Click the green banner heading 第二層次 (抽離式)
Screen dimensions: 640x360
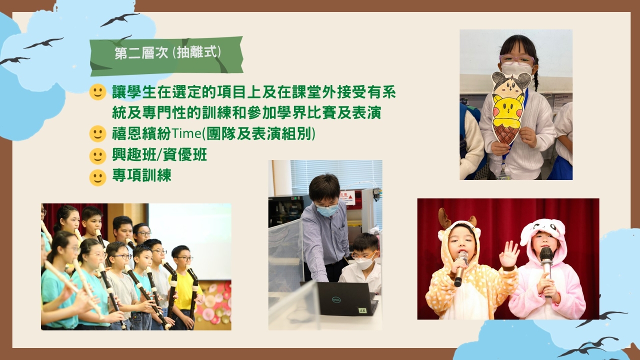(166, 56)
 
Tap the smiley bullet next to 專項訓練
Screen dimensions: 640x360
(97, 177)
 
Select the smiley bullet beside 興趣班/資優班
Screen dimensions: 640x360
(97, 156)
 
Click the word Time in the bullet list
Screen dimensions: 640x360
(186, 133)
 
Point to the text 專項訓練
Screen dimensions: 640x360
(141, 175)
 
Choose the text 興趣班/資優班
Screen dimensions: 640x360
(159, 155)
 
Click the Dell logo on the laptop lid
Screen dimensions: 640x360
(336, 299)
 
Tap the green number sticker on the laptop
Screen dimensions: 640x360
(363, 310)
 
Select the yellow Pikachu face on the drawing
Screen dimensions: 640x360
(507, 108)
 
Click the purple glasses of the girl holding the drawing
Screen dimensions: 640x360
(516, 59)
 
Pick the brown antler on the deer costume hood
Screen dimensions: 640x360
(443, 218)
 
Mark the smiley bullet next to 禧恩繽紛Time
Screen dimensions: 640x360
(97, 133)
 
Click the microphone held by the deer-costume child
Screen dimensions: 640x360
(460, 267)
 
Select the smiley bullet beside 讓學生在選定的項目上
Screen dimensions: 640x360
(97, 92)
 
